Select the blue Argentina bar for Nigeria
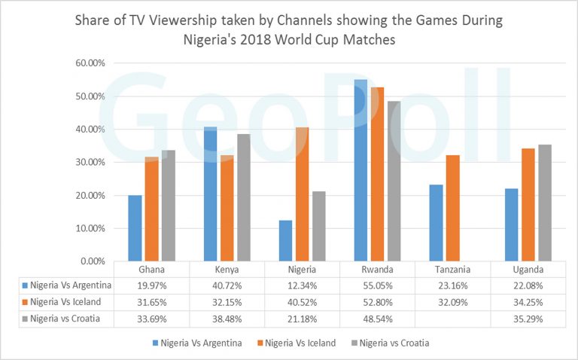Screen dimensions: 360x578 click(285, 241)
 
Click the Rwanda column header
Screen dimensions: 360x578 click(377, 270)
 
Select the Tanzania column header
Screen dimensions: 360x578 click(452, 270)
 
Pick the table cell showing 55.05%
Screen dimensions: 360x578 click(377, 285)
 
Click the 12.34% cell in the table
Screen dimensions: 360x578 click(302, 285)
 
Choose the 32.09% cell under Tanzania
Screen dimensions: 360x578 click(452, 301)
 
